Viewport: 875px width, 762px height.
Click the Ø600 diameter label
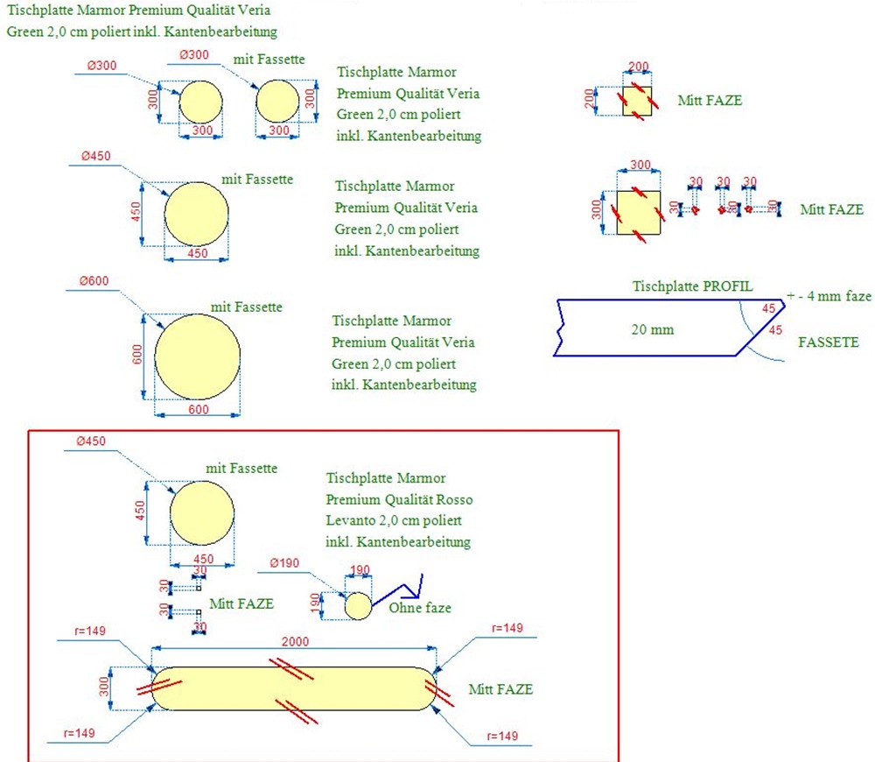point(94,281)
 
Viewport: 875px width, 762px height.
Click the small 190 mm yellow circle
point(358,605)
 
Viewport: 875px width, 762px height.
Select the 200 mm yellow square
point(636,101)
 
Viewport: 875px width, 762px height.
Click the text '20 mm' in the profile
point(651,329)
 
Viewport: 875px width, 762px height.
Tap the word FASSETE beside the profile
point(829,342)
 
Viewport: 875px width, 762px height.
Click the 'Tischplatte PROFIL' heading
point(691,286)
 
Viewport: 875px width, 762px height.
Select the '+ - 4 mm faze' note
point(829,296)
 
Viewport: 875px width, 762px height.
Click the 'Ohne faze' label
point(420,607)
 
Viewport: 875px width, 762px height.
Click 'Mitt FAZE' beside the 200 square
point(710,100)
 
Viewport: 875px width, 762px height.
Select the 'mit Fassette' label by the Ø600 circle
point(246,307)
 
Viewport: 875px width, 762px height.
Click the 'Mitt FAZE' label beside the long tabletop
point(500,689)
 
